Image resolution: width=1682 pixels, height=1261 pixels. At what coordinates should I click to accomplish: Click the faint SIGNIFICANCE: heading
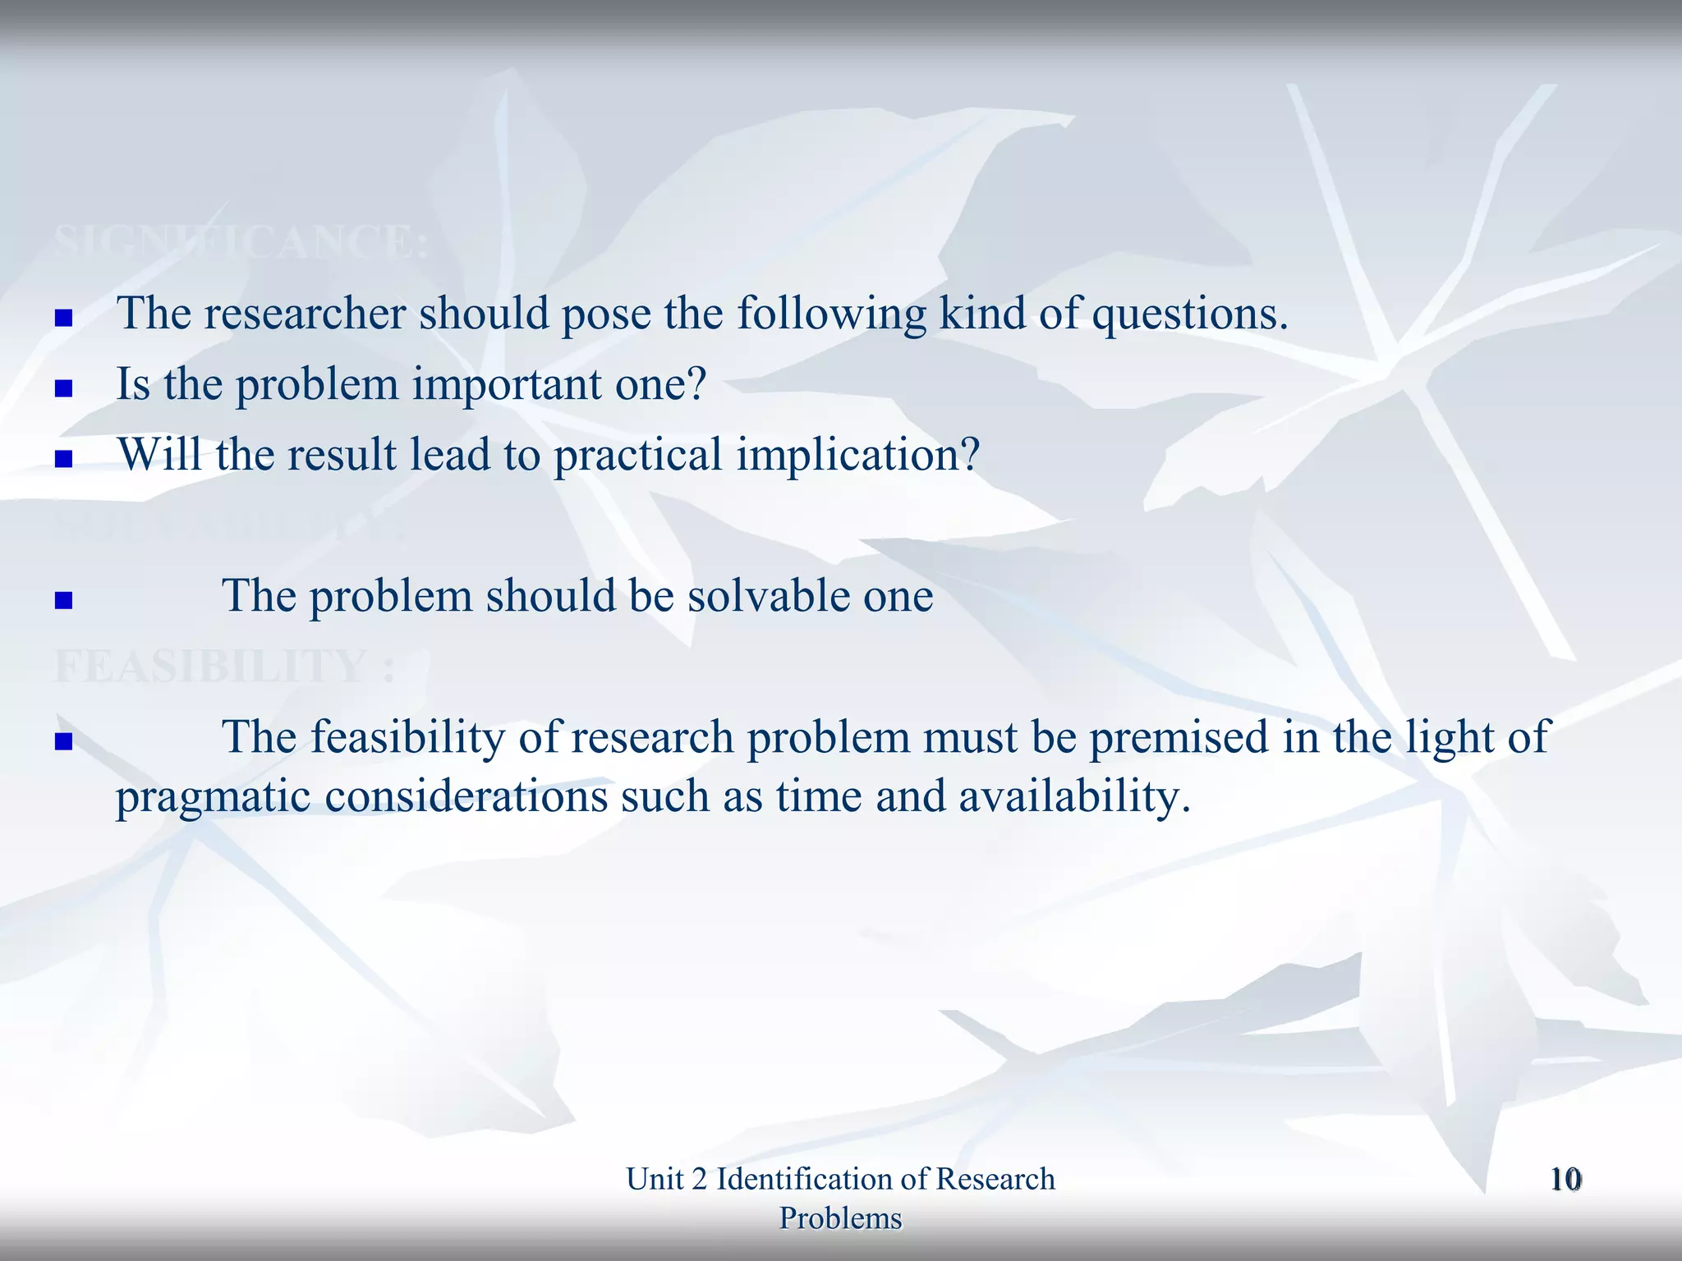point(241,242)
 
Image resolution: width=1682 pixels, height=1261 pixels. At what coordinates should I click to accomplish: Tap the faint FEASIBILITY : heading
point(223,666)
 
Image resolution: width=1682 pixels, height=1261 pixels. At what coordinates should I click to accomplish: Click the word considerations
point(466,796)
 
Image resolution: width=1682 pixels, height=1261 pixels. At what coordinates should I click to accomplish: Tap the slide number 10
point(1565,1180)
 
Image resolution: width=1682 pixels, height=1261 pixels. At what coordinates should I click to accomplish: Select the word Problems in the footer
point(840,1218)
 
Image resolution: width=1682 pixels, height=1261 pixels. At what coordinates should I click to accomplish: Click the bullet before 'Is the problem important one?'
point(63,387)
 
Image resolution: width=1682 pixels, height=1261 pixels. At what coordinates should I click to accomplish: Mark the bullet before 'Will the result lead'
point(63,458)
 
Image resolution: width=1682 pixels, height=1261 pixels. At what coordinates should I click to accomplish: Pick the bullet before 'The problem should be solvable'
point(63,600)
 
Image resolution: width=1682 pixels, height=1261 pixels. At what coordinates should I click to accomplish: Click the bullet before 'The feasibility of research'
point(63,742)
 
